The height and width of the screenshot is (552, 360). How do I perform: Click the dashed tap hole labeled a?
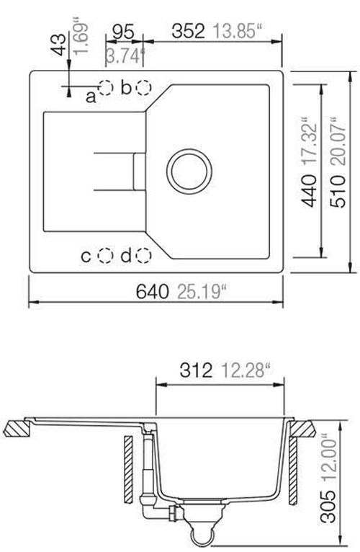click(106, 87)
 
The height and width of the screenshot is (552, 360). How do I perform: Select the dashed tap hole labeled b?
click(143, 87)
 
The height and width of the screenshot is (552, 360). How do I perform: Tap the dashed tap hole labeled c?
click(105, 255)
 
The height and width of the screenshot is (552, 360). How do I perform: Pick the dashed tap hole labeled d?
click(143, 255)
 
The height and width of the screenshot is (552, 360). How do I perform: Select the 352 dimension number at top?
click(187, 32)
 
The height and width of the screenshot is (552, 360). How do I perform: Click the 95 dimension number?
click(124, 32)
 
